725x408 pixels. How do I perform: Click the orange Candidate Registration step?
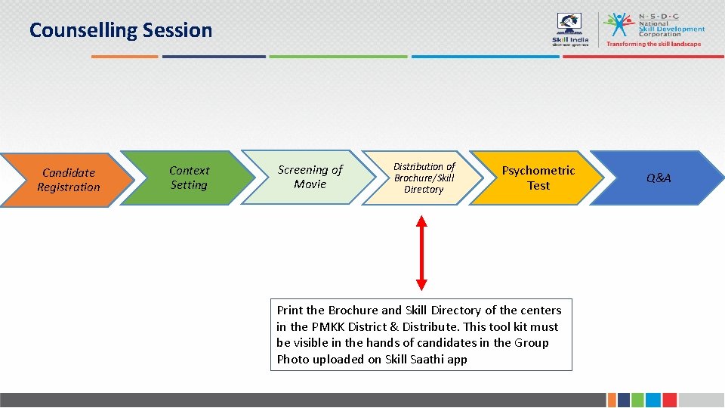(68, 180)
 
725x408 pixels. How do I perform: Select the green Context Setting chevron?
(189, 178)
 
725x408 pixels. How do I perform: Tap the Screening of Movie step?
(310, 177)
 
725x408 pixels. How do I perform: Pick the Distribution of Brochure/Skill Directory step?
(424, 178)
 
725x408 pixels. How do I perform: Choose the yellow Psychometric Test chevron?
(538, 178)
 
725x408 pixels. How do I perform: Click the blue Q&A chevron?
(658, 178)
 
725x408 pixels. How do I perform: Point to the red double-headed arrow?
(421, 253)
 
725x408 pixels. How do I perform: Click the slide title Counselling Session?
(121, 30)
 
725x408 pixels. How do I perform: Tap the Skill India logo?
(570, 30)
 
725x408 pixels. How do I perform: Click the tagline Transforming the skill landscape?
(653, 44)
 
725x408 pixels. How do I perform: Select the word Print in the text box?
(289, 311)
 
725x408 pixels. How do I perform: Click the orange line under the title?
(125, 56)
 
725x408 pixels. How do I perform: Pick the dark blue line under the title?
(214, 56)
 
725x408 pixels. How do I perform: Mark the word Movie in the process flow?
(310, 184)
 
